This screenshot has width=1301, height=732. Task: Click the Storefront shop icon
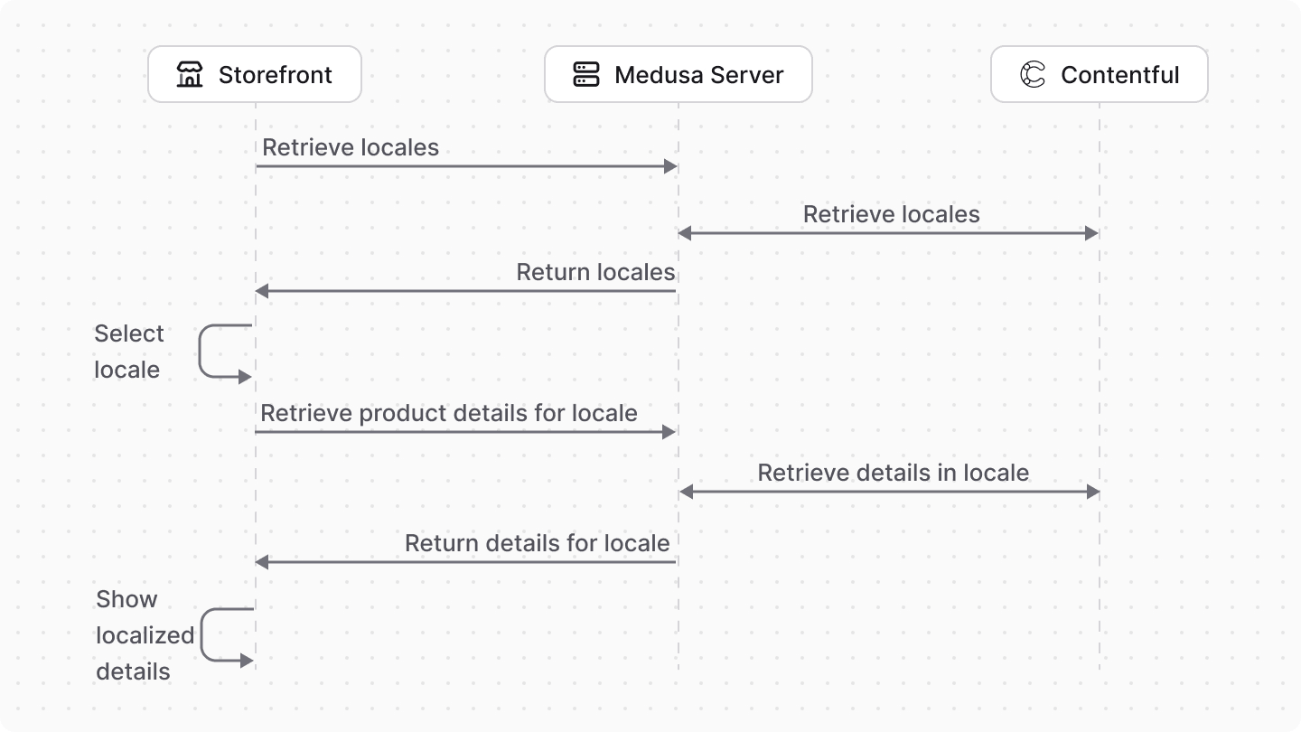click(x=190, y=74)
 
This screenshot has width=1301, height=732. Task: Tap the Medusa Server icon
click(x=586, y=74)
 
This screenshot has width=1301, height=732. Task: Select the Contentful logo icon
click(x=1033, y=74)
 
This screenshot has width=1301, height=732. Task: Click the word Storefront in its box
click(x=275, y=75)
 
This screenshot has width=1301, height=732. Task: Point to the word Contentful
click(x=1119, y=75)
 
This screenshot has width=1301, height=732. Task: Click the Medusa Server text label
click(x=698, y=75)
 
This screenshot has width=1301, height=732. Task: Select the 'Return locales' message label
click(x=595, y=272)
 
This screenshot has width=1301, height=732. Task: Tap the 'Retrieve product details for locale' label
click(x=449, y=413)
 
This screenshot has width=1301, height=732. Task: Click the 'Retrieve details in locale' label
click(x=893, y=473)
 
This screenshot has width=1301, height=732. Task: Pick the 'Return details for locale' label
click(x=537, y=543)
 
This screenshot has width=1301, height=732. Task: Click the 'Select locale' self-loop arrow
click(x=217, y=352)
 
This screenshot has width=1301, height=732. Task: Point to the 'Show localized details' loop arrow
click(x=219, y=635)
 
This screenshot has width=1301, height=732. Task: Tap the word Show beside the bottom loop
click(x=126, y=599)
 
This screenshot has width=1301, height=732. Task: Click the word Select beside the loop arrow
click(x=129, y=333)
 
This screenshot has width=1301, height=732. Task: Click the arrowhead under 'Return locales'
click(x=262, y=291)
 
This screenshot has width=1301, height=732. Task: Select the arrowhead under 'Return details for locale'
click(x=262, y=562)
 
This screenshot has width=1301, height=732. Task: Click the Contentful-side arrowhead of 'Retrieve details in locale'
click(x=1093, y=492)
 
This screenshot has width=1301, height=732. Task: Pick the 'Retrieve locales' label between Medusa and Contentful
click(x=891, y=214)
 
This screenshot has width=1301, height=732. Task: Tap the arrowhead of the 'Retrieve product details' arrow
click(x=669, y=432)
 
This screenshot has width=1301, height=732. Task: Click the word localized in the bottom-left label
click(x=145, y=635)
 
